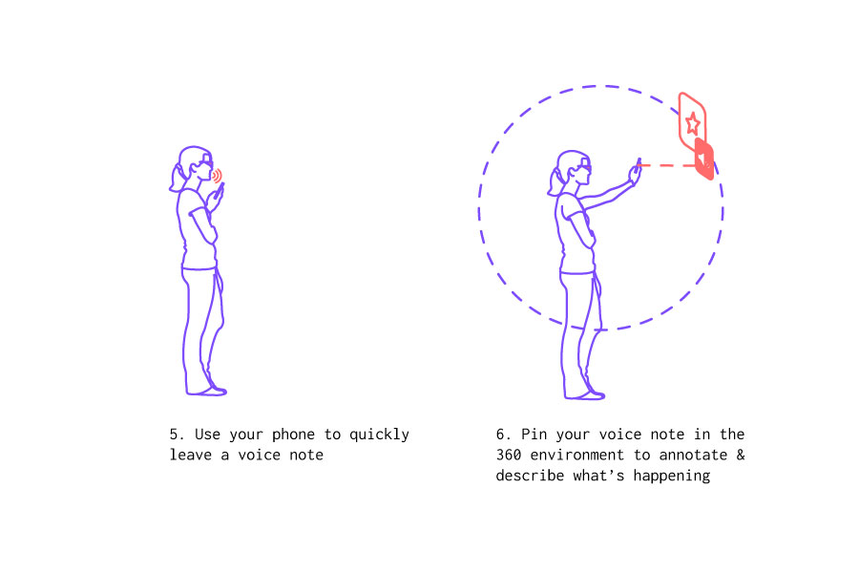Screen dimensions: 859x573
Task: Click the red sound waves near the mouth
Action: coord(217,176)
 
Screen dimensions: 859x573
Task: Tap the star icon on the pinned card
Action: coord(693,123)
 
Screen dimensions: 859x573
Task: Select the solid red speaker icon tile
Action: coord(704,159)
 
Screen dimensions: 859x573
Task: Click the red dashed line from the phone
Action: coord(666,165)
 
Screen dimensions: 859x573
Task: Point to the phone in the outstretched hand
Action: coord(638,164)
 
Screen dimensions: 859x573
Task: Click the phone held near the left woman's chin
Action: coord(220,191)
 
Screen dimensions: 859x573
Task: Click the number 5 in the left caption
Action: coord(174,435)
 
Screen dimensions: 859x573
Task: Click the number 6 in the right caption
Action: coord(500,435)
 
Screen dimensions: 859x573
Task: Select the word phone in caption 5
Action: coord(293,435)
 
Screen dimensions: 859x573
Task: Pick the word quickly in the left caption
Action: coord(379,435)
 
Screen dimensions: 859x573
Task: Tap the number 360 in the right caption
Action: coord(509,456)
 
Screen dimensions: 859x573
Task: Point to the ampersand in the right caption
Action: coord(740,456)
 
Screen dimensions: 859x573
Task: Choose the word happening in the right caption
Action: coord(672,476)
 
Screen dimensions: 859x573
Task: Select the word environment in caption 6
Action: coord(576,456)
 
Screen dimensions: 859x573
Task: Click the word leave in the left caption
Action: coord(190,456)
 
